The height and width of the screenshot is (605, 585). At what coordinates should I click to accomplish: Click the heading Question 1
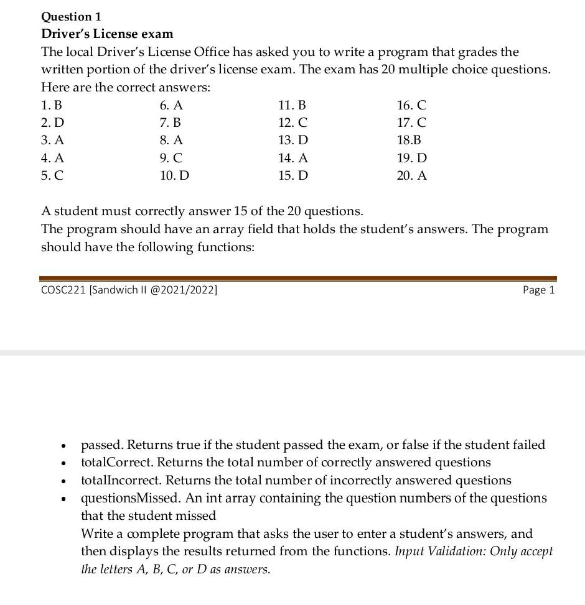pos(71,16)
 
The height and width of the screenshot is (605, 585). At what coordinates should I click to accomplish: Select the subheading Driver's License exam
pos(107,34)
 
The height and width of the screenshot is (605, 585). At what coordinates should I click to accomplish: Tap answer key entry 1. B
pos(52,105)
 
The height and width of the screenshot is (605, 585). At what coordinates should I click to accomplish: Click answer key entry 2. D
pos(52,122)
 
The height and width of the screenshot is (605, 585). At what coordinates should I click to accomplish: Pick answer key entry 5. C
pos(52,175)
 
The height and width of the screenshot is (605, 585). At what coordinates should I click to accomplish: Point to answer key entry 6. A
pos(171,105)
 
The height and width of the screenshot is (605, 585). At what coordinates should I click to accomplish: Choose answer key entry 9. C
pos(171,158)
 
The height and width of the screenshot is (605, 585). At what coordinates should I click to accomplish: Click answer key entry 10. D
pos(174,175)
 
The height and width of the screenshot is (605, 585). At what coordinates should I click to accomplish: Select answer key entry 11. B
pos(292,105)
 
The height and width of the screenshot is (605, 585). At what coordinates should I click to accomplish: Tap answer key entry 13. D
pos(293,141)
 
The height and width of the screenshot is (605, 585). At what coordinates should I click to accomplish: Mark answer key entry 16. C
pos(411,105)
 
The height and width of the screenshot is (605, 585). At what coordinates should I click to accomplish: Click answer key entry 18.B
pos(409,141)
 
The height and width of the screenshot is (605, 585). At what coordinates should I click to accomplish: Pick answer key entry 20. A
pos(412,175)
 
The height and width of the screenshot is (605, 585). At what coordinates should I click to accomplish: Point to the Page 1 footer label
pos(538,290)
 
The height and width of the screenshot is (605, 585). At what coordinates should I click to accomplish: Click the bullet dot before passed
pos(63,446)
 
